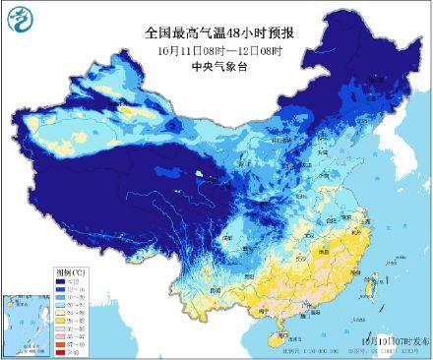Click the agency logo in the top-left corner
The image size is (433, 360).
(x=21, y=21)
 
